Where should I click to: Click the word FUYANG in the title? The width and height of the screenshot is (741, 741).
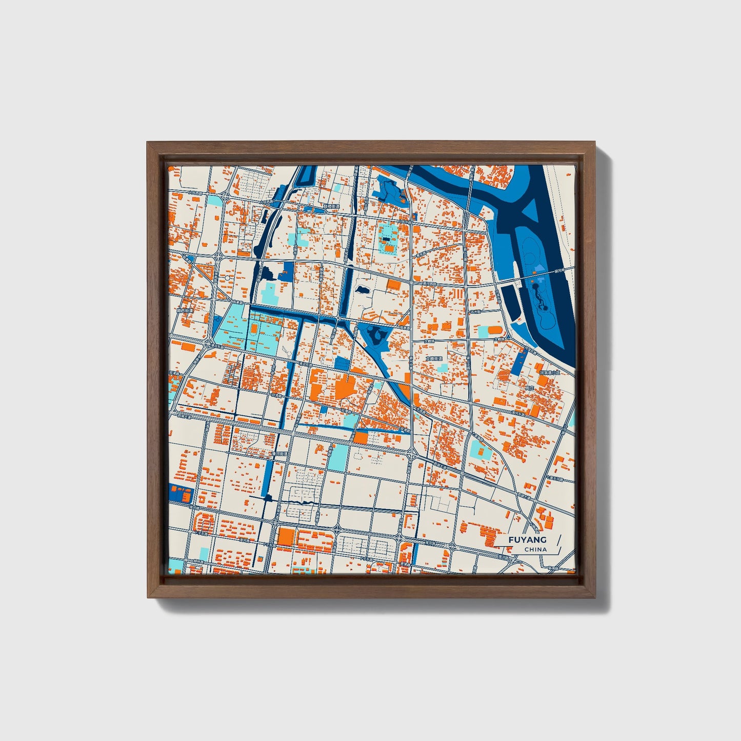point(527,539)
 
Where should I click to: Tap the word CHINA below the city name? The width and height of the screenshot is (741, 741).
point(535,549)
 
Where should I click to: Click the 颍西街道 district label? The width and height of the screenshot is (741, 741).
point(183,310)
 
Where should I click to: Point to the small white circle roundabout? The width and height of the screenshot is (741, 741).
point(227,277)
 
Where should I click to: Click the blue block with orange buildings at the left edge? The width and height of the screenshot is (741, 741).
point(180,493)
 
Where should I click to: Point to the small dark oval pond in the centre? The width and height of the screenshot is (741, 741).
point(362,290)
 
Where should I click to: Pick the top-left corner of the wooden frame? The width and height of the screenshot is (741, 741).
point(149,143)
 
